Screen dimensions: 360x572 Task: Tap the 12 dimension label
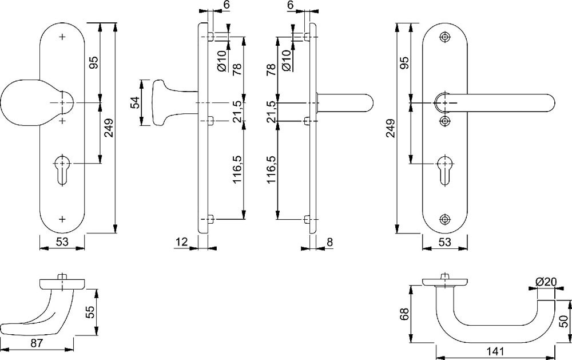pyautogui.click(x=182, y=243)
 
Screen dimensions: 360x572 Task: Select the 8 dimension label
pyautogui.click(x=329, y=243)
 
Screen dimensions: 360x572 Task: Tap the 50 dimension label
pyautogui.click(x=563, y=322)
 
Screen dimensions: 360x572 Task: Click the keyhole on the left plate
pyautogui.click(x=62, y=168)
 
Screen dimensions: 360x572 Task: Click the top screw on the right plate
pyautogui.click(x=446, y=37)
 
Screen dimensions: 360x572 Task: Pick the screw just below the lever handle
pyautogui.click(x=446, y=121)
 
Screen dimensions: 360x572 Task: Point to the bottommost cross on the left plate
pyautogui.click(x=62, y=219)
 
